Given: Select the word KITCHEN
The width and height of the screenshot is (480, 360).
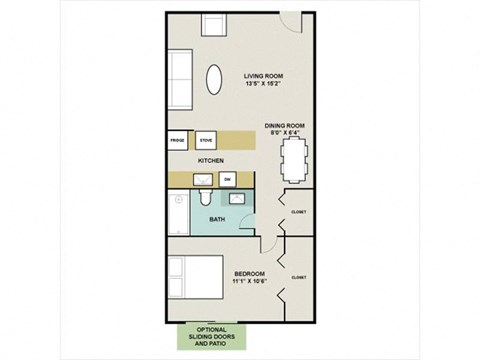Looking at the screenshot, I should pyautogui.click(x=210, y=160).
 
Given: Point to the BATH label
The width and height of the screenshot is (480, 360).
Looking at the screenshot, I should pyautogui.click(x=216, y=219).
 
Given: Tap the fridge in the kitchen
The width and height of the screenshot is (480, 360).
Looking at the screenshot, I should pyautogui.click(x=178, y=140).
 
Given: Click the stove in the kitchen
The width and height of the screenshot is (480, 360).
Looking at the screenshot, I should pyautogui.click(x=206, y=140).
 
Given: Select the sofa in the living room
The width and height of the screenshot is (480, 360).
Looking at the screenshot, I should pyautogui.click(x=180, y=80).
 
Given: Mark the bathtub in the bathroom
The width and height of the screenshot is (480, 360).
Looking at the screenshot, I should pyautogui.click(x=176, y=214).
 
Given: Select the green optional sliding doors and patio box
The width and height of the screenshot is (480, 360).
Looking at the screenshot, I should pyautogui.click(x=212, y=336).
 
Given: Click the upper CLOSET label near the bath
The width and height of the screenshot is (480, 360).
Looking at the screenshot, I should pyautogui.click(x=299, y=212).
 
